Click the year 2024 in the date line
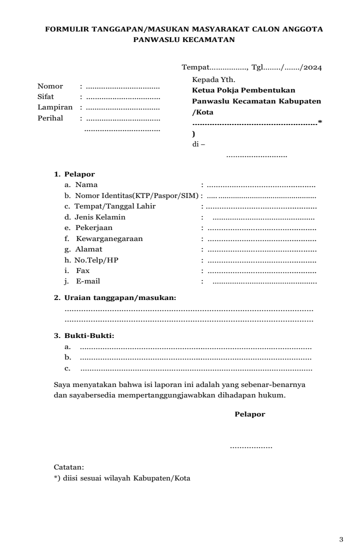[312, 67]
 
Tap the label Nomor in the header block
[50, 86]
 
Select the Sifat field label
[45, 96]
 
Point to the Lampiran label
[55, 107]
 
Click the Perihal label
[50, 118]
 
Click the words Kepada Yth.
[210, 79]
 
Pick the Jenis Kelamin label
[100, 217]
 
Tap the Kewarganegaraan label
[109, 238]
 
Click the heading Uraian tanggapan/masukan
[120, 298]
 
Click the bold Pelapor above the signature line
[249, 414]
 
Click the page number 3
[341, 539]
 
